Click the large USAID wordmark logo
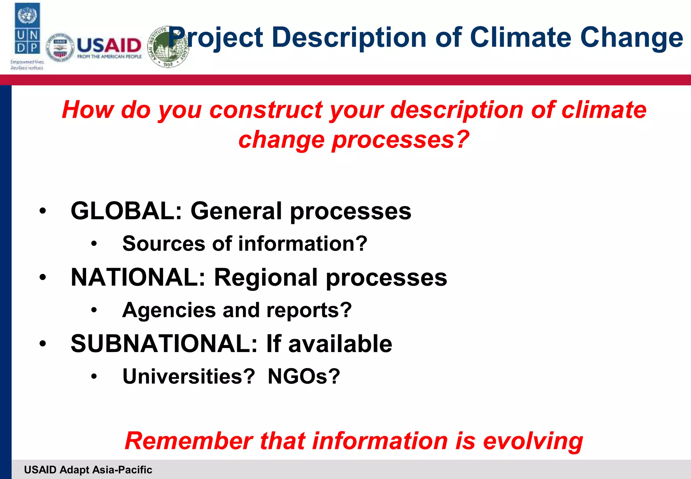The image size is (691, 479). pos(109,46)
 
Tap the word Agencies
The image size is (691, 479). pos(169,310)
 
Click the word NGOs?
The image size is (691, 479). pos(304,376)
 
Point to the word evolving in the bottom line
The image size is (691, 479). pos(533,442)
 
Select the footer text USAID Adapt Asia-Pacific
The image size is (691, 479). pos(88,470)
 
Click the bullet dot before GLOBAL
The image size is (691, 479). pos(43,211)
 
